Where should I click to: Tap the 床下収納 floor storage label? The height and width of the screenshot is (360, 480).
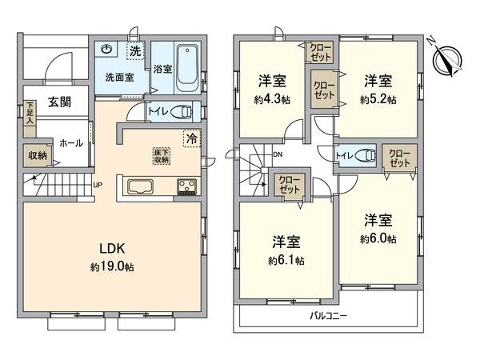point(162,154)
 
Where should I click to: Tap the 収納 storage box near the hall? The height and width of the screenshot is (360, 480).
point(37,156)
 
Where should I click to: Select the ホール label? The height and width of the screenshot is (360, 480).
point(70,142)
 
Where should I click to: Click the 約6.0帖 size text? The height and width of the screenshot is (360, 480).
point(378,238)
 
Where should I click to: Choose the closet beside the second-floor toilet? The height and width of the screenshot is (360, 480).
point(398,157)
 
